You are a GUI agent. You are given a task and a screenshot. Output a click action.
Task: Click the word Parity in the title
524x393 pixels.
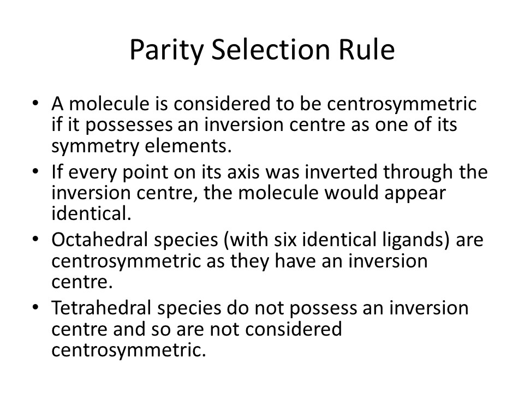point(166,50)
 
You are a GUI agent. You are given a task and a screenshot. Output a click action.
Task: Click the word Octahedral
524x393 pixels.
point(99,240)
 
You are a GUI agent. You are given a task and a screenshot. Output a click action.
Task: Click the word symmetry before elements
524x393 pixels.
point(95,147)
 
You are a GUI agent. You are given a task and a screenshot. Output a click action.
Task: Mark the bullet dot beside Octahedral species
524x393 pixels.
point(35,239)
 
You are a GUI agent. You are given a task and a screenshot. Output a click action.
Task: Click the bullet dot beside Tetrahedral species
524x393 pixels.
point(35,307)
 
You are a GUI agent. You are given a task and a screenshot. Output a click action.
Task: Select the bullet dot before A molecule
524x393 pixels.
point(35,103)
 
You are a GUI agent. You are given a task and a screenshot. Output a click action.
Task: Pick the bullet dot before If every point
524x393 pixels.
point(35,171)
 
